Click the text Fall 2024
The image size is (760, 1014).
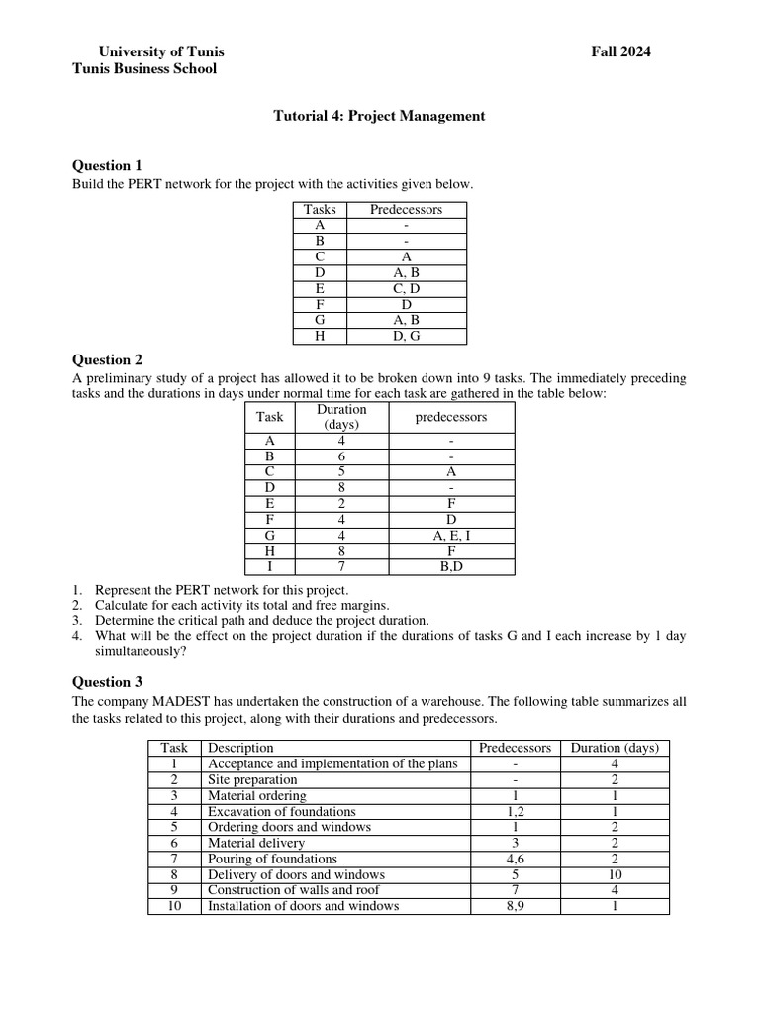coord(620,51)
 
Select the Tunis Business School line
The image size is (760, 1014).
coord(144,68)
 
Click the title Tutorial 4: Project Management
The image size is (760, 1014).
coord(379,116)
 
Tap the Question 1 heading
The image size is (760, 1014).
coord(108,165)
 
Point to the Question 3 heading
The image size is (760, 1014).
coord(108,681)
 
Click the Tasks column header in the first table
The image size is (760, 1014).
coord(320,209)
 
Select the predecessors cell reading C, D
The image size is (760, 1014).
coord(406,288)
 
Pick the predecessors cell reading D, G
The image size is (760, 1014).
coord(406,336)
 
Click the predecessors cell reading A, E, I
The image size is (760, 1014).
coord(451,536)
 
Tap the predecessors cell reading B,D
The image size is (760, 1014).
coord(451,567)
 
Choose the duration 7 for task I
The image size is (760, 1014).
coord(341,567)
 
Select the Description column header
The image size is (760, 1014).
coord(240,748)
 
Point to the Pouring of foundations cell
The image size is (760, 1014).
coord(272,859)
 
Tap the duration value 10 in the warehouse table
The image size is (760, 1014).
coord(615,874)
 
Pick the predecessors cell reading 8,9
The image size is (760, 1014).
coord(516,906)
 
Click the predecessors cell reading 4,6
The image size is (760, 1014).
coord(516,859)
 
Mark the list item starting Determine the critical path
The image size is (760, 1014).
coord(261,620)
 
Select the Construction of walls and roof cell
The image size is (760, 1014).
coord(293,890)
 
